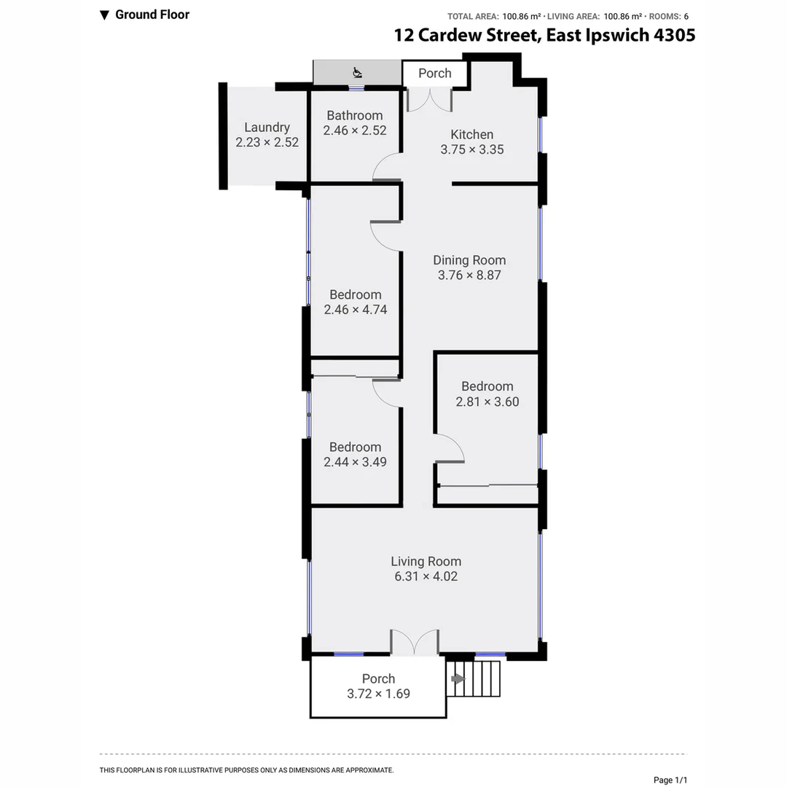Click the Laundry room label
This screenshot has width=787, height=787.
[x=267, y=127]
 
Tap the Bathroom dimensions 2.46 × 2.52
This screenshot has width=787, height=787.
[x=355, y=131]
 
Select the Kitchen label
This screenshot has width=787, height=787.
[x=471, y=134]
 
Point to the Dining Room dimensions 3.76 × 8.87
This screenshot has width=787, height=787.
[x=469, y=275]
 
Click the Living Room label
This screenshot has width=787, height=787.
[x=426, y=561]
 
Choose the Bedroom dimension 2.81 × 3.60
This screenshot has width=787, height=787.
[x=487, y=402]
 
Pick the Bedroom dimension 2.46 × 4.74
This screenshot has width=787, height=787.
[x=355, y=310]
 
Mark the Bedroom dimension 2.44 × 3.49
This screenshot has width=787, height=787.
[x=355, y=462]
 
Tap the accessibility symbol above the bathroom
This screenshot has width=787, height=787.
[x=357, y=72]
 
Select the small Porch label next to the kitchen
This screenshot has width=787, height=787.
[x=434, y=73]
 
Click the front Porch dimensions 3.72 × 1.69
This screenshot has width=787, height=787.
[x=378, y=694]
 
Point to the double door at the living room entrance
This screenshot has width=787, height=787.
[x=415, y=642]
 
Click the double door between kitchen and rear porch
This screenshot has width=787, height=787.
[x=429, y=100]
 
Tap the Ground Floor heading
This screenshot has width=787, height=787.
[x=152, y=15]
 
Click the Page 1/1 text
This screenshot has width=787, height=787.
[x=670, y=780]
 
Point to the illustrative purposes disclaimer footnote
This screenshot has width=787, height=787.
[x=246, y=770]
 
